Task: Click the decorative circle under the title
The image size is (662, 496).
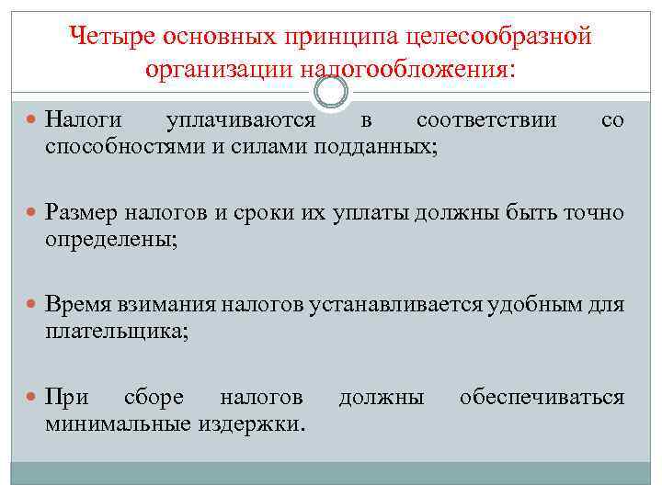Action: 331,91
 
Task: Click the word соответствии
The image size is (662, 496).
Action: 485,120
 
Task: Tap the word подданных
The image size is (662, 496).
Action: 374,145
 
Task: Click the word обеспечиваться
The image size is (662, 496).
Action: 542,397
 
